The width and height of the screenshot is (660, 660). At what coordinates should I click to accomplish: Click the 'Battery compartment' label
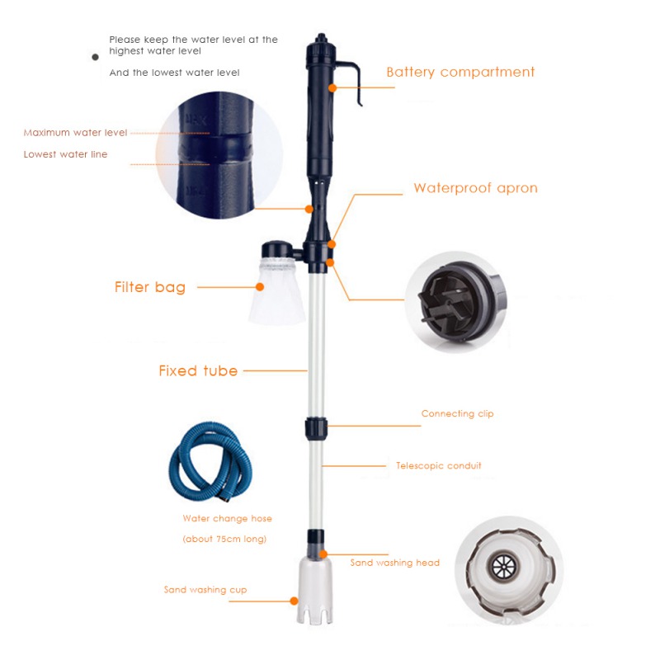[x=460, y=72]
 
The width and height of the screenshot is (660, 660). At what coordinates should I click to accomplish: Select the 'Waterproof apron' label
[x=475, y=188]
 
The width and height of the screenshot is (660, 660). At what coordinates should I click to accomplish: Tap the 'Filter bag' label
[x=149, y=287]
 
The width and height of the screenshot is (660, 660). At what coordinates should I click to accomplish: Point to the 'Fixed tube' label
[x=198, y=370]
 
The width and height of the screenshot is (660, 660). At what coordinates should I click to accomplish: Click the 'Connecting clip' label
[x=457, y=413]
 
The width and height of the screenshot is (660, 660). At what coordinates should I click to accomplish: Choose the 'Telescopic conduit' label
[x=438, y=465]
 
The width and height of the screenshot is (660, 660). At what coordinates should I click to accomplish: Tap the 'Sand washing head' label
[x=394, y=563]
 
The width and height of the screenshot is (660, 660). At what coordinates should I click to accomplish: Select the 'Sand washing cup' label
[x=205, y=590]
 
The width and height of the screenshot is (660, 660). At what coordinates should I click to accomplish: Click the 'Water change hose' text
[x=227, y=519]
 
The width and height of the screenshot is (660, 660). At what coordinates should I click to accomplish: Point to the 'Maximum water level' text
[x=75, y=132]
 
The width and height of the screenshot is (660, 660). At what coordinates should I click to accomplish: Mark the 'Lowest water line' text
[x=65, y=153]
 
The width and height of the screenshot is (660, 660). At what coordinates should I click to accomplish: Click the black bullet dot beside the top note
[x=95, y=56]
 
